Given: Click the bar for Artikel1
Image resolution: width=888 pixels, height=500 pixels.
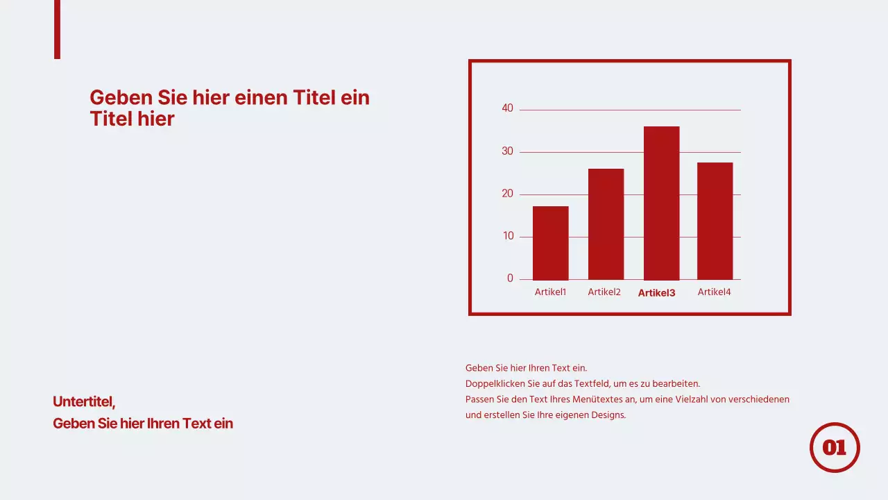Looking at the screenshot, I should [x=550, y=243].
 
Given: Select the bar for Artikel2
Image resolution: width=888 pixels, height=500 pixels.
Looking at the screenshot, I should [x=606, y=224].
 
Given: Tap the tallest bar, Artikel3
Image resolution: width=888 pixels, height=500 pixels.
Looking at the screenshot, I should [x=661, y=203].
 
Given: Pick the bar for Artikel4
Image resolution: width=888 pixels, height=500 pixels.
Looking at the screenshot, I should [x=715, y=221].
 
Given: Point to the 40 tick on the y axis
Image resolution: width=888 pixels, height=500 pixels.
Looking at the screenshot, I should [x=508, y=108].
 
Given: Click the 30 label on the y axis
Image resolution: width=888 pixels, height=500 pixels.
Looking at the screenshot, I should [x=508, y=151].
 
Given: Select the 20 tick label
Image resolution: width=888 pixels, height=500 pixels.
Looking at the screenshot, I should [x=508, y=194].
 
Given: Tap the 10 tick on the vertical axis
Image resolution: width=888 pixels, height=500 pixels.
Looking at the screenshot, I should [x=508, y=236].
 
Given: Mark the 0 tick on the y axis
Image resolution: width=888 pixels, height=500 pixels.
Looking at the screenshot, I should [x=510, y=278].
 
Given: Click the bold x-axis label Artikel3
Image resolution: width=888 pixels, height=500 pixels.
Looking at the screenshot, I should [x=656, y=293].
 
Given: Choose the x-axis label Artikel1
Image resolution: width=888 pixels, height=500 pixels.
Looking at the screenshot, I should [x=550, y=292].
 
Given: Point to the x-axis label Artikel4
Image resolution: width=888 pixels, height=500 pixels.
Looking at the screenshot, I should [x=714, y=292].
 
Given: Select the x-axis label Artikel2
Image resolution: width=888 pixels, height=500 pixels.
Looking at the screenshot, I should [x=604, y=292].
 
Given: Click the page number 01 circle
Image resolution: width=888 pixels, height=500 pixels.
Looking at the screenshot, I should [x=835, y=447].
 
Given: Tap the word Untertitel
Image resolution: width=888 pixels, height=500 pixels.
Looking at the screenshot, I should [x=83, y=401].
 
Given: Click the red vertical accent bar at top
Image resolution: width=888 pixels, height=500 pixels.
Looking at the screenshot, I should [x=57, y=29].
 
